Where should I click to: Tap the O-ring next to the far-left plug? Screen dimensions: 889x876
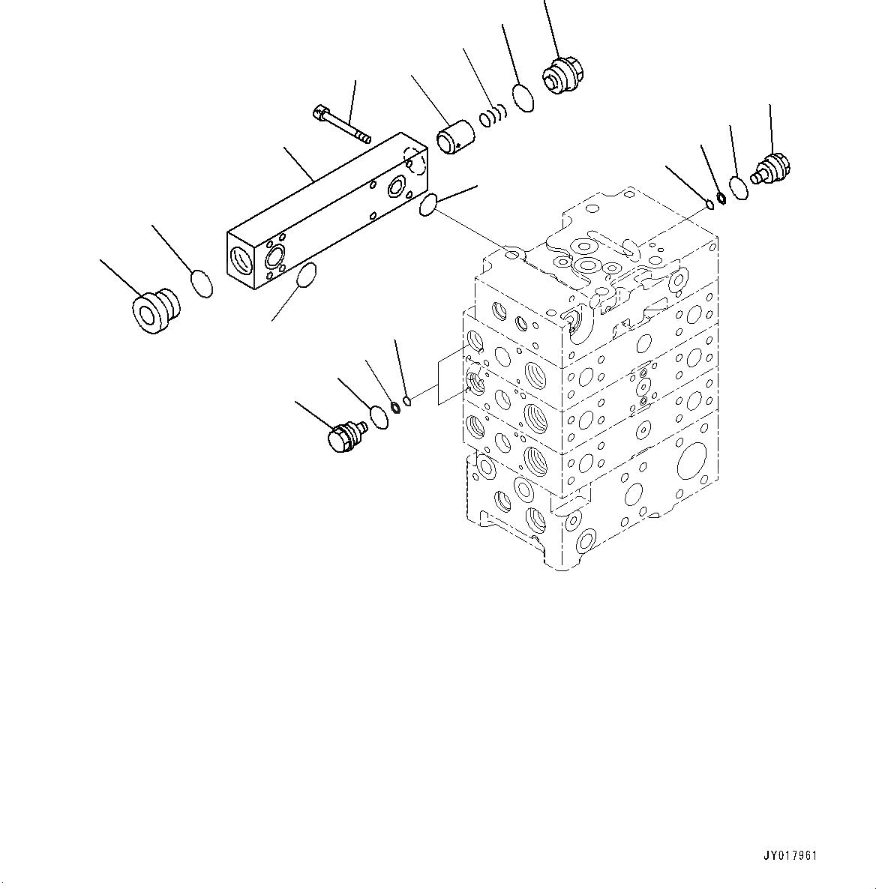point(201,284)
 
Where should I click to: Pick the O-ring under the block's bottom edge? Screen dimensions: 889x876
point(307,275)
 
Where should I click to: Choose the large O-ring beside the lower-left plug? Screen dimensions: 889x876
point(380,418)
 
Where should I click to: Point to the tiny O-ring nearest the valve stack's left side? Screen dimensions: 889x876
point(407,400)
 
